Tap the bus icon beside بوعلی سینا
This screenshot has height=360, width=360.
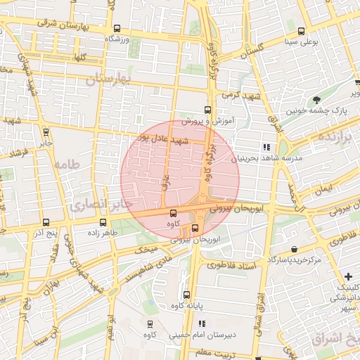point(301,31)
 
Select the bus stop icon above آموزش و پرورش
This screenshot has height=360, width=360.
point(207,110)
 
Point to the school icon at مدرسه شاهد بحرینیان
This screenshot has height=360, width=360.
point(266,147)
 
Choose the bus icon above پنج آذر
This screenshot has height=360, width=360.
point(46,222)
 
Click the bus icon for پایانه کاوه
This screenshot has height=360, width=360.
point(186,295)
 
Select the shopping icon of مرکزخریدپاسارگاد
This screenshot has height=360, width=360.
point(293,250)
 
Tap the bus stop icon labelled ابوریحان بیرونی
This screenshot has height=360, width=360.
point(195,228)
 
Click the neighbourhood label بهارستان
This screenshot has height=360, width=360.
point(108,79)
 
